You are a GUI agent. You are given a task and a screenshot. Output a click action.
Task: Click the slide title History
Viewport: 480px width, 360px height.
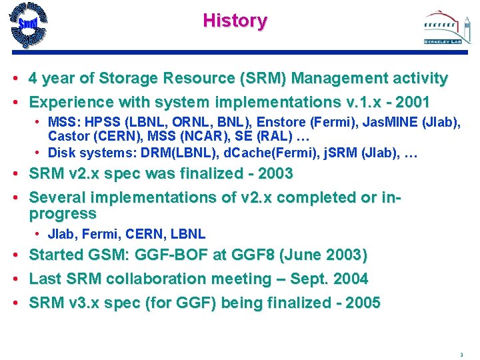(x=235, y=21)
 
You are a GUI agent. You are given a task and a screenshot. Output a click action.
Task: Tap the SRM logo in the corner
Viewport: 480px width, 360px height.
(x=29, y=26)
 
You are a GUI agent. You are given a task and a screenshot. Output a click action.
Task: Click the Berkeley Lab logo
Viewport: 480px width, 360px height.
(x=442, y=28)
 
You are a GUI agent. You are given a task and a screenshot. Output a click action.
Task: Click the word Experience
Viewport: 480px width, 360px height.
(x=70, y=103)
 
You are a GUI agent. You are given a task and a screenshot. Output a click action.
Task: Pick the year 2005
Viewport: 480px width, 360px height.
(x=362, y=303)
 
